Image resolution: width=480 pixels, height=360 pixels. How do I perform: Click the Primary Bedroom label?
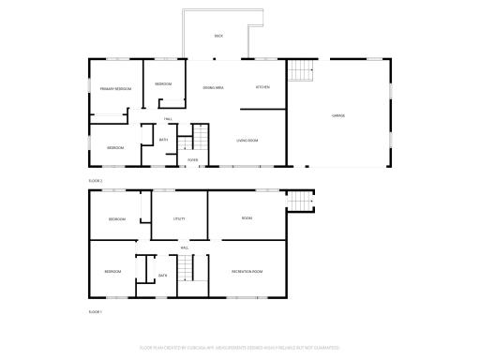point(115,88)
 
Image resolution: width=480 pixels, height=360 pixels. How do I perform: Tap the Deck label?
point(218,36)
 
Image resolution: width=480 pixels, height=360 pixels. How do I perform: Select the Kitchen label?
point(263,87)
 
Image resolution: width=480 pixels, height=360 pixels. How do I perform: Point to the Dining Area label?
point(213,87)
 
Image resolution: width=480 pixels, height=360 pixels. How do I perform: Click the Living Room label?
point(247,141)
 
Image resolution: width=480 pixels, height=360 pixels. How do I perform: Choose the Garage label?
point(337,115)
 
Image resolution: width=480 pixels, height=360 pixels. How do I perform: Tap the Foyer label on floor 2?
point(192,160)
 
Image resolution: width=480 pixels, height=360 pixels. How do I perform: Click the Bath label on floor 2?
point(163,141)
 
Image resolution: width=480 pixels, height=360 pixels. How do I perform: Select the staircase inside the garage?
point(299,70)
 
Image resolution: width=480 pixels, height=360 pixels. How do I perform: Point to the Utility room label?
point(178,218)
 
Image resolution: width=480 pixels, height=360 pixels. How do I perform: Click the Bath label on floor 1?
point(162,275)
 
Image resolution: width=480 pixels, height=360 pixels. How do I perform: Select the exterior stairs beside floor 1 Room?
point(300,201)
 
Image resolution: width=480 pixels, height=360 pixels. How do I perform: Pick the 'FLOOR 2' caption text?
point(96,180)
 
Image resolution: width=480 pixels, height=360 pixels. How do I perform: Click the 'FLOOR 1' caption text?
point(96,311)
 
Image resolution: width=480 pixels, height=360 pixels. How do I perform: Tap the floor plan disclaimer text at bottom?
point(239,347)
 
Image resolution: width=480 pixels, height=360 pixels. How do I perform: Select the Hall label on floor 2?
point(168,119)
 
